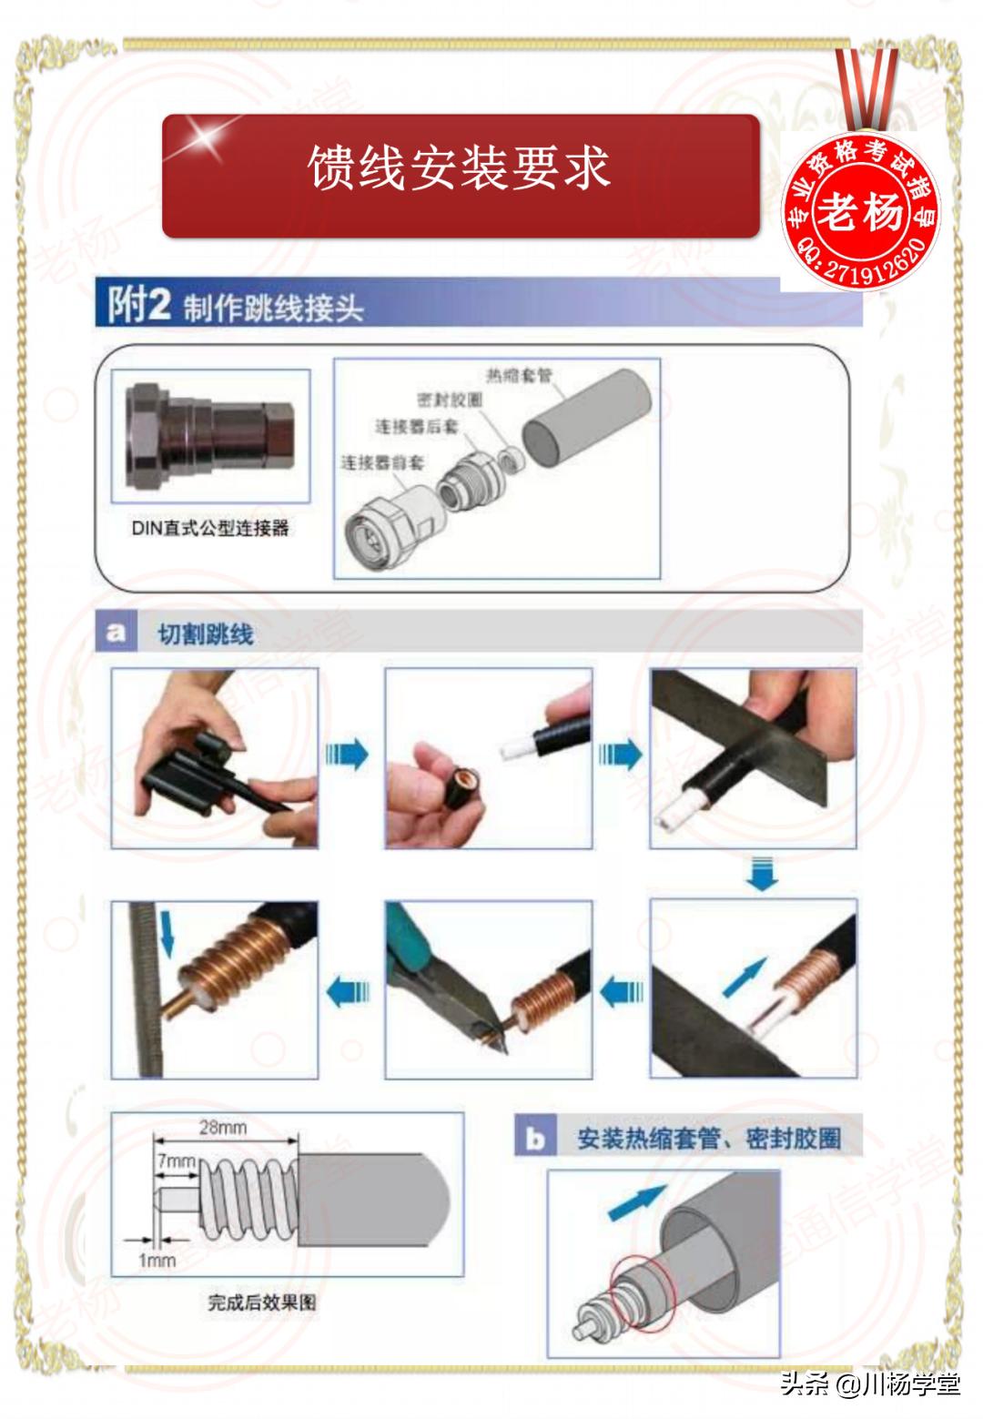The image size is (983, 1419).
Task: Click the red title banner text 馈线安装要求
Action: tap(459, 169)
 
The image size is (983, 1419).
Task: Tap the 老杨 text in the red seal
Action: tap(860, 211)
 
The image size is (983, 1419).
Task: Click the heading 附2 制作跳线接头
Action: tap(237, 306)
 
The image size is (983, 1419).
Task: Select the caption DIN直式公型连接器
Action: tap(210, 528)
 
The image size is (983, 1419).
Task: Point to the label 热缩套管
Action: tap(518, 376)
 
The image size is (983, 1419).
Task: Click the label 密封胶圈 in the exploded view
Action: tap(450, 400)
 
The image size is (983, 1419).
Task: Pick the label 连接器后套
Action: tap(417, 426)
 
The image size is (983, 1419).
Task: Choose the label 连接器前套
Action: tap(382, 462)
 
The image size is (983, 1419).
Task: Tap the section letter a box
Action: tap(116, 632)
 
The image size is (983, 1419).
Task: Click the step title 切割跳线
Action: tap(206, 634)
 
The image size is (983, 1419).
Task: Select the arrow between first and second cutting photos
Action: tap(348, 755)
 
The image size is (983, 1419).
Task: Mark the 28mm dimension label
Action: tap(223, 1128)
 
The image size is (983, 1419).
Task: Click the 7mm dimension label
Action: tap(176, 1161)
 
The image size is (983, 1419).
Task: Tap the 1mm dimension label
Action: tap(157, 1261)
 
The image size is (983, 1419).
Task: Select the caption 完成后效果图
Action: tap(262, 1302)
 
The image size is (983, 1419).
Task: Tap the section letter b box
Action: tap(535, 1138)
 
